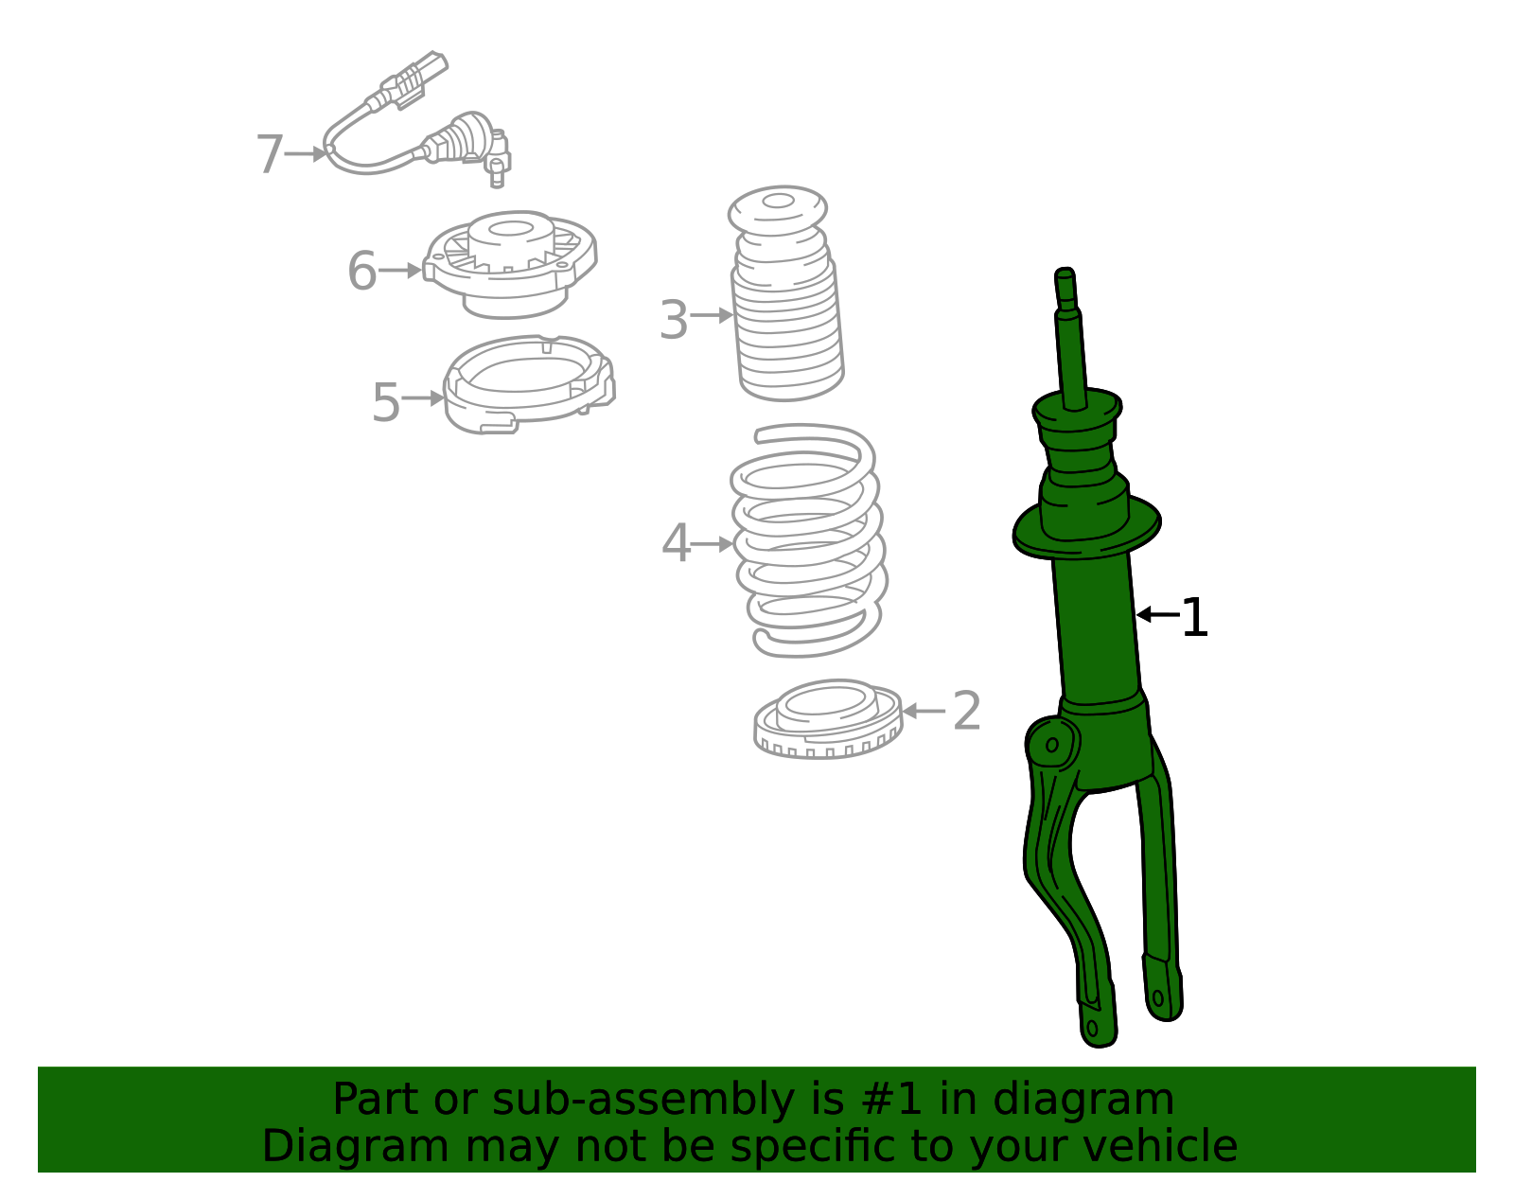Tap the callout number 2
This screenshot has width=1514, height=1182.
click(966, 711)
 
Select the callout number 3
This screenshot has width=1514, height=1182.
click(674, 320)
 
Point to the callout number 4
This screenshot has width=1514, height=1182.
click(676, 544)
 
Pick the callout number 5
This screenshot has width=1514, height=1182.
click(386, 402)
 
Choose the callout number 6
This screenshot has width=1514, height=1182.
click(361, 272)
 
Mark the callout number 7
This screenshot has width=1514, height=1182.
click(270, 154)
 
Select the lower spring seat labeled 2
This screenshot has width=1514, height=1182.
click(828, 719)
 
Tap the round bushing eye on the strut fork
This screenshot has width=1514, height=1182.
click(1051, 746)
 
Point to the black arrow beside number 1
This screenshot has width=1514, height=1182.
click(1156, 615)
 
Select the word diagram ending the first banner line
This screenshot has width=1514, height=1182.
click(1103, 1100)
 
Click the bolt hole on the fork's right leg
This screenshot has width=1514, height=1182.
click(1157, 997)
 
